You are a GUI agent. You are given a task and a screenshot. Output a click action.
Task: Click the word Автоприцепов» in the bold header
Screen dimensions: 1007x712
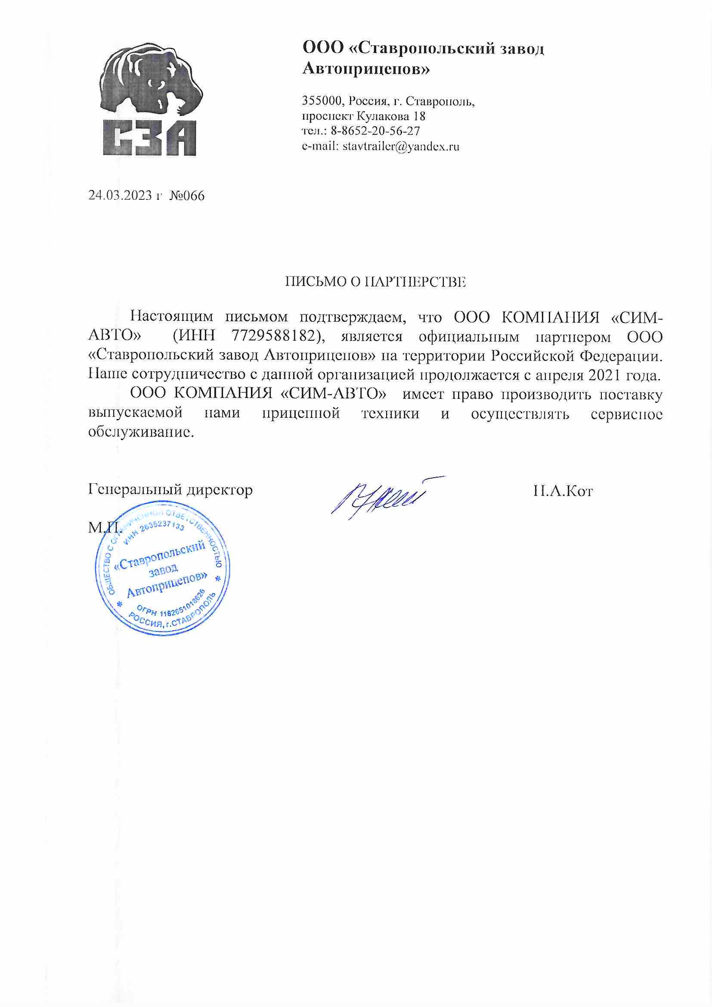(x=366, y=69)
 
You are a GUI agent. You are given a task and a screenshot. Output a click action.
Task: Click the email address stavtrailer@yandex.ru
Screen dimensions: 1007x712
(x=401, y=146)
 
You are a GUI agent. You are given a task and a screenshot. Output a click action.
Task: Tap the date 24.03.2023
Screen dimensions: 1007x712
(x=120, y=195)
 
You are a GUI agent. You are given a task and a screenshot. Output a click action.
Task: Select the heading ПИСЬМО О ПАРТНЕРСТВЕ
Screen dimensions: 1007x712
(x=375, y=282)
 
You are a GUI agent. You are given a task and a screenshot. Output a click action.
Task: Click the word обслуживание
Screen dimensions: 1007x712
(x=140, y=432)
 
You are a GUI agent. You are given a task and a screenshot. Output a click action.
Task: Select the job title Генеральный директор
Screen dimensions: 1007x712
(x=170, y=489)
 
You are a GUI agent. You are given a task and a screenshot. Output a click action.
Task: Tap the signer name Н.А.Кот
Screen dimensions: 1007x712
(x=563, y=491)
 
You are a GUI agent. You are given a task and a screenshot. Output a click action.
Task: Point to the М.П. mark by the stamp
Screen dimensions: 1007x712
(x=103, y=528)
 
